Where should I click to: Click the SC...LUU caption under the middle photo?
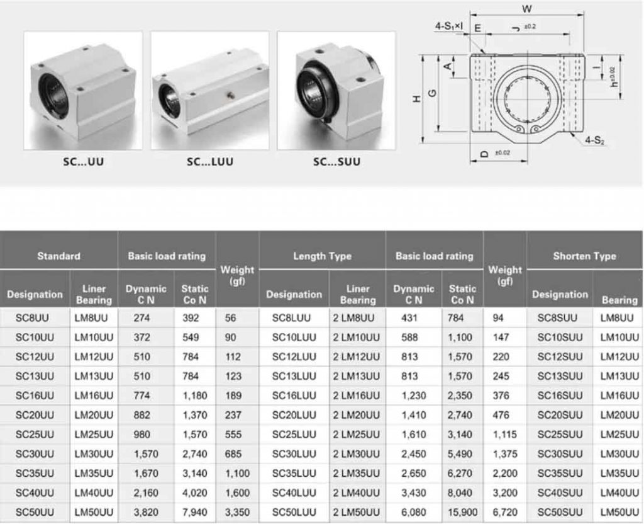click(x=209, y=162)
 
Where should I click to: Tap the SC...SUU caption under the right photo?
click(x=336, y=162)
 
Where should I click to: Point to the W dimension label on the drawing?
click(x=527, y=9)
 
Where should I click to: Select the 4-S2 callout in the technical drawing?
click(x=594, y=140)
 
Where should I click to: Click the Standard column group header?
click(x=58, y=256)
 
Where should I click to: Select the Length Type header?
click(x=322, y=256)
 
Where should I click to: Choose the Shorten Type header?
click(x=584, y=256)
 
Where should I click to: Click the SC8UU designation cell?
click(x=35, y=318)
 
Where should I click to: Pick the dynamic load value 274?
click(x=142, y=318)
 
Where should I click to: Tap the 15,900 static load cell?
click(x=462, y=512)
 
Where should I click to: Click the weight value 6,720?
click(x=504, y=512)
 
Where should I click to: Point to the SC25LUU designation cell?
click(x=294, y=435)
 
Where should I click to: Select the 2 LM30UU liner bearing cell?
click(x=357, y=454)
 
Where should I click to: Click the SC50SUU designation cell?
click(x=560, y=512)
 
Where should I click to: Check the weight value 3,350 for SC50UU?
click(x=236, y=512)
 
